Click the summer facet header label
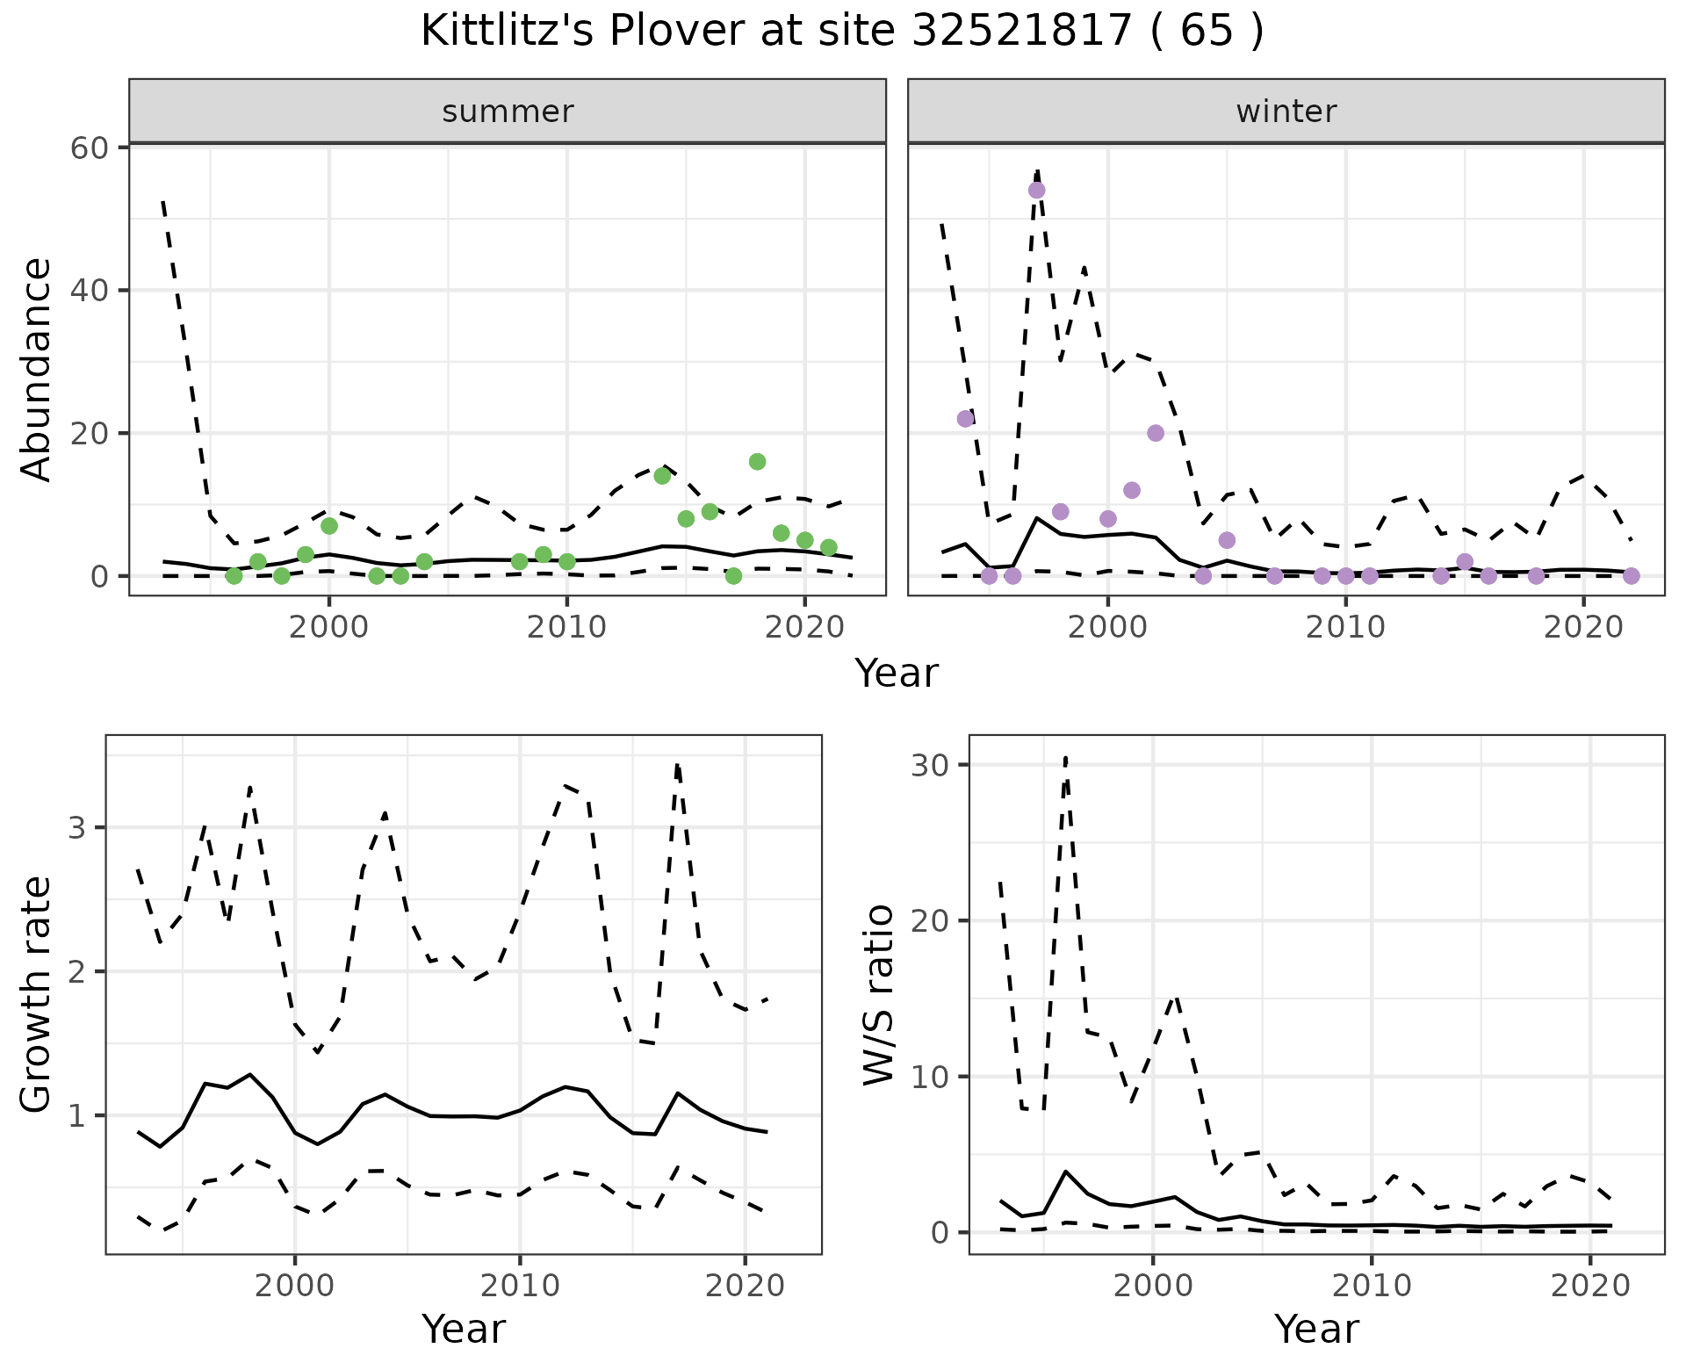tap(508, 112)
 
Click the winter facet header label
tap(1286, 112)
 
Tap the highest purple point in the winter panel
tap(1036, 190)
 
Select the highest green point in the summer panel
tap(757, 462)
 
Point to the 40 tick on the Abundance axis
tap(89, 290)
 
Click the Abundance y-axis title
tap(37, 369)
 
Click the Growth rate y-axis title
tap(37, 994)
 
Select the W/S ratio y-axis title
tap(878, 994)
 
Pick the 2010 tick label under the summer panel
tap(566, 627)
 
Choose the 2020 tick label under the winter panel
tap(1583, 627)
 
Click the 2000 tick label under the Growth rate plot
tap(295, 1286)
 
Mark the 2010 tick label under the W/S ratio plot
tap(1371, 1286)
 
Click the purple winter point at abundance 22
tap(965, 419)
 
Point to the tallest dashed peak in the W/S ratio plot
tap(1065, 757)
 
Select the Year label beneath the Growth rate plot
tap(464, 1329)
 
